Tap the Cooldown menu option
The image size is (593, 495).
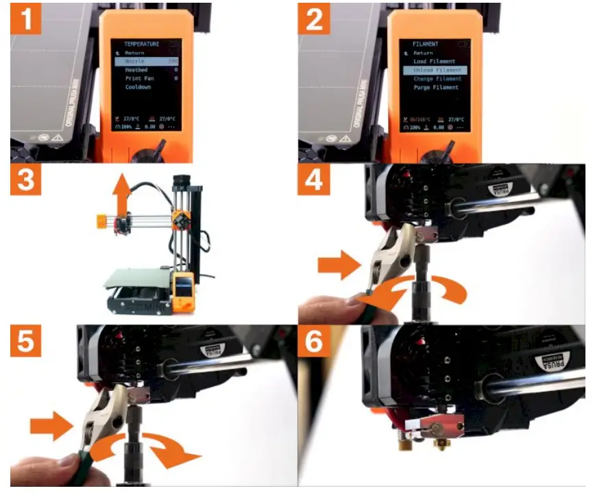(x=138, y=88)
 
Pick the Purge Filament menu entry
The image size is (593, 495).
(x=436, y=88)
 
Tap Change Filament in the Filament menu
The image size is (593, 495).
(x=437, y=79)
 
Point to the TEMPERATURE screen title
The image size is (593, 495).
(x=141, y=44)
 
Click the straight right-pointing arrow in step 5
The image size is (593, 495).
(x=51, y=427)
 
